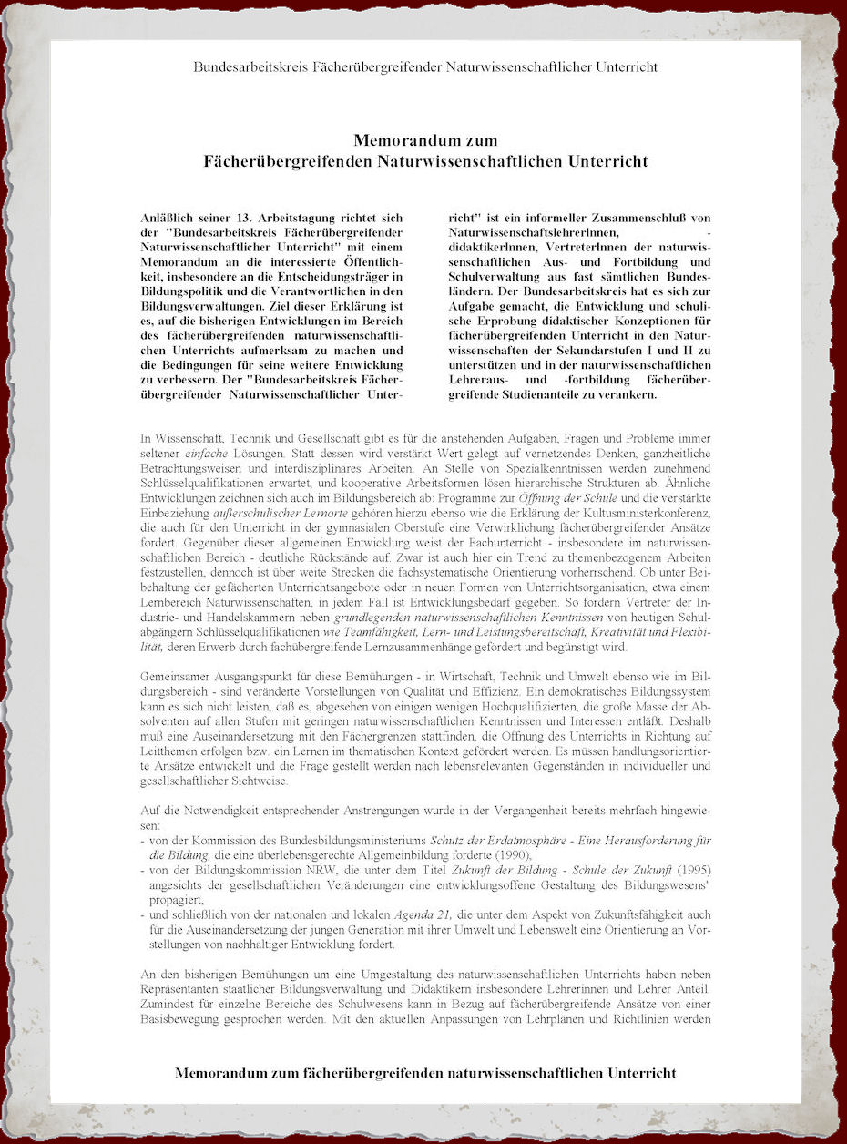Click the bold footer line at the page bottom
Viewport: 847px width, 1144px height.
point(424,1072)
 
